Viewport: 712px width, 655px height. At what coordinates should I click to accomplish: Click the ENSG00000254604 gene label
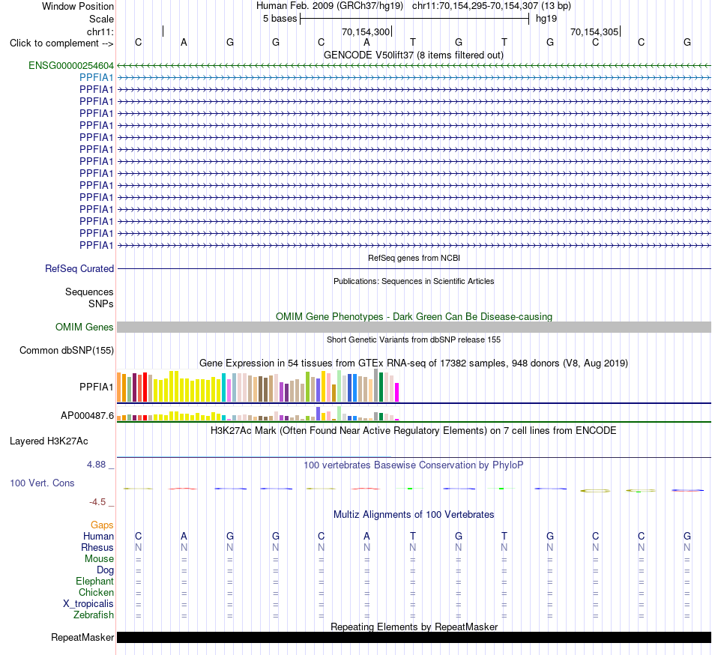(x=71, y=65)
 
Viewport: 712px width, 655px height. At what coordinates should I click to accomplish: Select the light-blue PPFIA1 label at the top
(x=96, y=78)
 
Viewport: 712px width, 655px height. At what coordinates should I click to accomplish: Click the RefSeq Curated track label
(x=79, y=269)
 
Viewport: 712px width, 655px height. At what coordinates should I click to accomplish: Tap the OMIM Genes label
(x=85, y=327)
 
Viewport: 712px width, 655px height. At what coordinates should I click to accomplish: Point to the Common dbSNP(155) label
(x=67, y=351)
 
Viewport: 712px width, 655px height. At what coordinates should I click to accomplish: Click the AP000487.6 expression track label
(x=87, y=415)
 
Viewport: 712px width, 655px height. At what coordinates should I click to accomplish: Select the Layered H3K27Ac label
(x=49, y=441)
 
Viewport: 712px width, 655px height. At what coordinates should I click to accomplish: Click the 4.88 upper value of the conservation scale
(x=96, y=465)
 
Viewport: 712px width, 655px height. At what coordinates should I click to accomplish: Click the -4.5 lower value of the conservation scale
(x=97, y=501)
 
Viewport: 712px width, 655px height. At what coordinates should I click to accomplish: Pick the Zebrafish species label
(x=94, y=615)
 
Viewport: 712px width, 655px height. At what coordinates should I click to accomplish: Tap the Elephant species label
(x=95, y=582)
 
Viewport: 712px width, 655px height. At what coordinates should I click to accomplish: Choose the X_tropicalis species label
(x=88, y=604)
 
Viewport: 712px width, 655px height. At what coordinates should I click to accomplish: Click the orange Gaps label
(x=102, y=525)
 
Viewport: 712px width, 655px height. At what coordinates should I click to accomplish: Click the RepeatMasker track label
(x=82, y=637)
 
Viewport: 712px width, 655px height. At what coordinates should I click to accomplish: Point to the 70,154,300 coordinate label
(x=366, y=32)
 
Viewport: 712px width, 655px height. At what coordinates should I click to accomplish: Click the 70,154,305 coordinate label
(x=594, y=32)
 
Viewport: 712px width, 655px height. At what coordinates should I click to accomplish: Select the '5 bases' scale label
(x=280, y=19)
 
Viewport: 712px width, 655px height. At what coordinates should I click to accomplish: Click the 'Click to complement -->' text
(x=61, y=43)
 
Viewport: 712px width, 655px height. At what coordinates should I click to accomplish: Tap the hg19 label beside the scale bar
(x=546, y=19)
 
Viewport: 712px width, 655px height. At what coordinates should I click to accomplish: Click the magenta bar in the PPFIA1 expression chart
(x=397, y=392)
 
